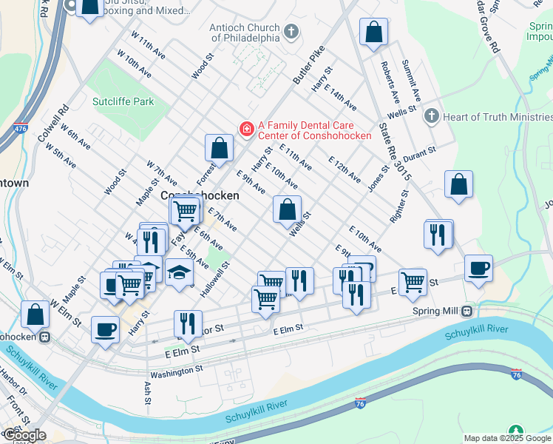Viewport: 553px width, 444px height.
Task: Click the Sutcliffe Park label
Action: coord(123,101)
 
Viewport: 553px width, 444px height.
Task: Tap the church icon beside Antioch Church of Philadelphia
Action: coord(291,32)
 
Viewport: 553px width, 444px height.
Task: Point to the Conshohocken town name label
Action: coord(200,195)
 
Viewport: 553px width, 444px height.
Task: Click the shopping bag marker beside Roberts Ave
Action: coord(374,32)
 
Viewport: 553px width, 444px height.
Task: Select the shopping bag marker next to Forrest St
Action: coord(220,147)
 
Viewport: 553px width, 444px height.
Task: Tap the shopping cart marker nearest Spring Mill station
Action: coord(412,281)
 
